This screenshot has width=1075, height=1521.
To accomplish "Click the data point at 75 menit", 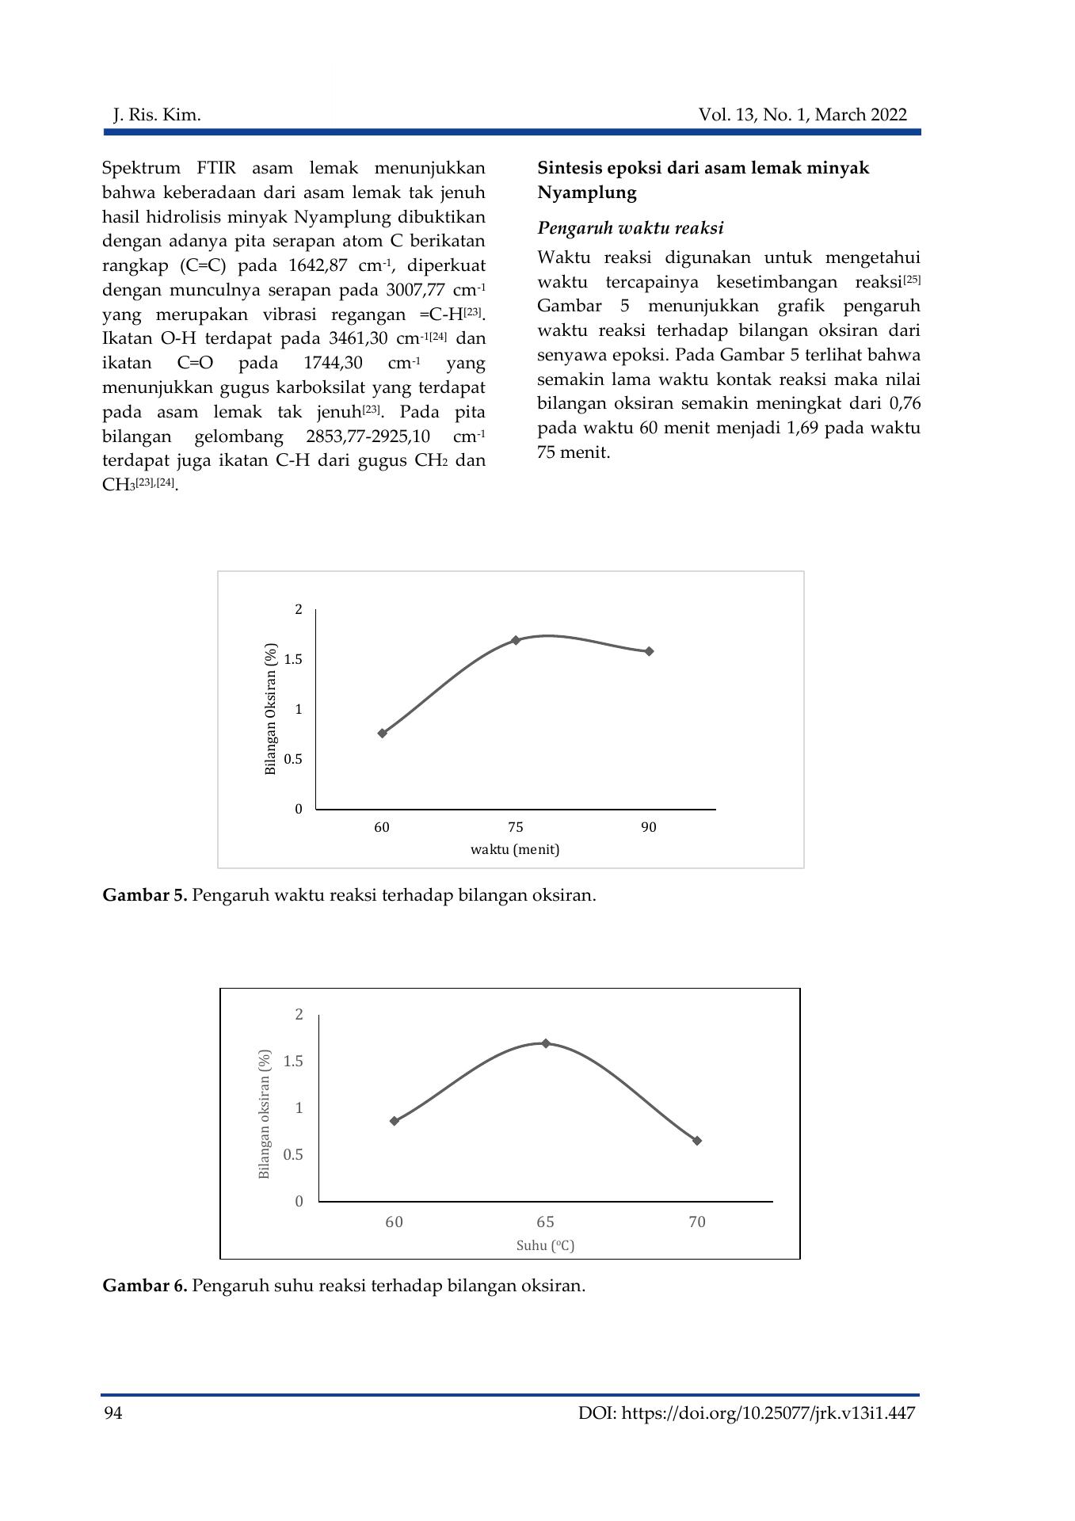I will point(516,640).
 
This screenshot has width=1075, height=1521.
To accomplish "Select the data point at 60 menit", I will point(383,733).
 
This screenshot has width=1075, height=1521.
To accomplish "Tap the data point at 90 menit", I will point(650,651).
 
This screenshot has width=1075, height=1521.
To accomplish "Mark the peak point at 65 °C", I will point(546,1043).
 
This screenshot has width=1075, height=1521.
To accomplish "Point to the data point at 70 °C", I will point(697,1141).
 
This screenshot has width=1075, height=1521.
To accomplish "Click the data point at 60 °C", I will point(395,1121).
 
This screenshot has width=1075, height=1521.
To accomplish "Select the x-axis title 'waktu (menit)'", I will point(515,849).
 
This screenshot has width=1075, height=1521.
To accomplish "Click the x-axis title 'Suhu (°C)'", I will point(545,1245).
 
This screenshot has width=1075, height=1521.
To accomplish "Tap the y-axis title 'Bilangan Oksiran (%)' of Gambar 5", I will point(271,709).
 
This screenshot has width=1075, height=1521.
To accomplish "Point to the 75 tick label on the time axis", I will point(516,827).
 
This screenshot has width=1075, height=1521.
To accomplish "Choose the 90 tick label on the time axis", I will point(649,827).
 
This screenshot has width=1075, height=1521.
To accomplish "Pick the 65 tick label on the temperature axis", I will point(545,1222).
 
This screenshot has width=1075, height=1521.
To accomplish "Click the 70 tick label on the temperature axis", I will point(697,1222).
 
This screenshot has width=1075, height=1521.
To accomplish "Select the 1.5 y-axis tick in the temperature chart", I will point(294,1062).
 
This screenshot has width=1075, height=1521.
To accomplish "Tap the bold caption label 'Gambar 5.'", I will point(145,895).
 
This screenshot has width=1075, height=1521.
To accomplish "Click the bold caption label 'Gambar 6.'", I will point(145,1285).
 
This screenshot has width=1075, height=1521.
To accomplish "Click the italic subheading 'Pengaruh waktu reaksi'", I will point(631,228).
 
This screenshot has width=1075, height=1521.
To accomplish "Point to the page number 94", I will point(112,1413).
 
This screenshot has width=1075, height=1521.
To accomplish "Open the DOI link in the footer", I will point(747,1413).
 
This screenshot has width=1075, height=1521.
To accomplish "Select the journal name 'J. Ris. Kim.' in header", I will point(157,116).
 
